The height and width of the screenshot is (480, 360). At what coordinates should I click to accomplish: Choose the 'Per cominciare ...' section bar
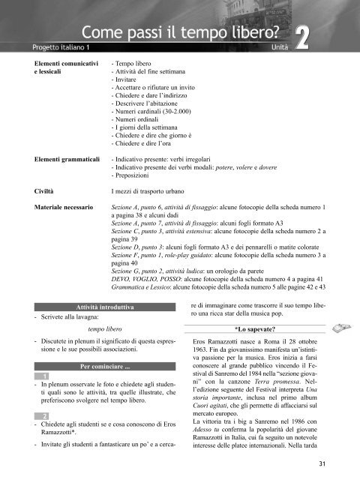(x=105, y=366)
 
